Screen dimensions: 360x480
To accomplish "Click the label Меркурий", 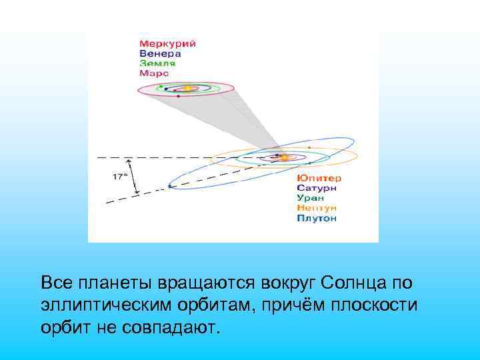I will click(x=167, y=44).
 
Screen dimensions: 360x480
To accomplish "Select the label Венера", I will click(x=161, y=53).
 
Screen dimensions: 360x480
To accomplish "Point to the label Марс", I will click(x=154, y=73).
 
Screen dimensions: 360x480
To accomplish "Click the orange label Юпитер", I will click(x=319, y=179).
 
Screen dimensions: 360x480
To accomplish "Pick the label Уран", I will click(x=311, y=198).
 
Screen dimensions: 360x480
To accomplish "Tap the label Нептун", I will click(x=317, y=208).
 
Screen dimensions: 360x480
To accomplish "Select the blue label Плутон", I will click(x=317, y=218).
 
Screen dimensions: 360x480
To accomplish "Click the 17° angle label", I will click(x=119, y=177).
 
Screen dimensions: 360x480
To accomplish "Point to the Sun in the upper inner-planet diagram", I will click(x=188, y=87).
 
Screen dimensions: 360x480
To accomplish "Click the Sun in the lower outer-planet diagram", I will click(x=283, y=158).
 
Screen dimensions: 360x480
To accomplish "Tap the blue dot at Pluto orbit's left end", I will click(x=170, y=187).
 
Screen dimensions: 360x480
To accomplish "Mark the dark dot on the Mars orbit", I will click(x=179, y=96).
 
